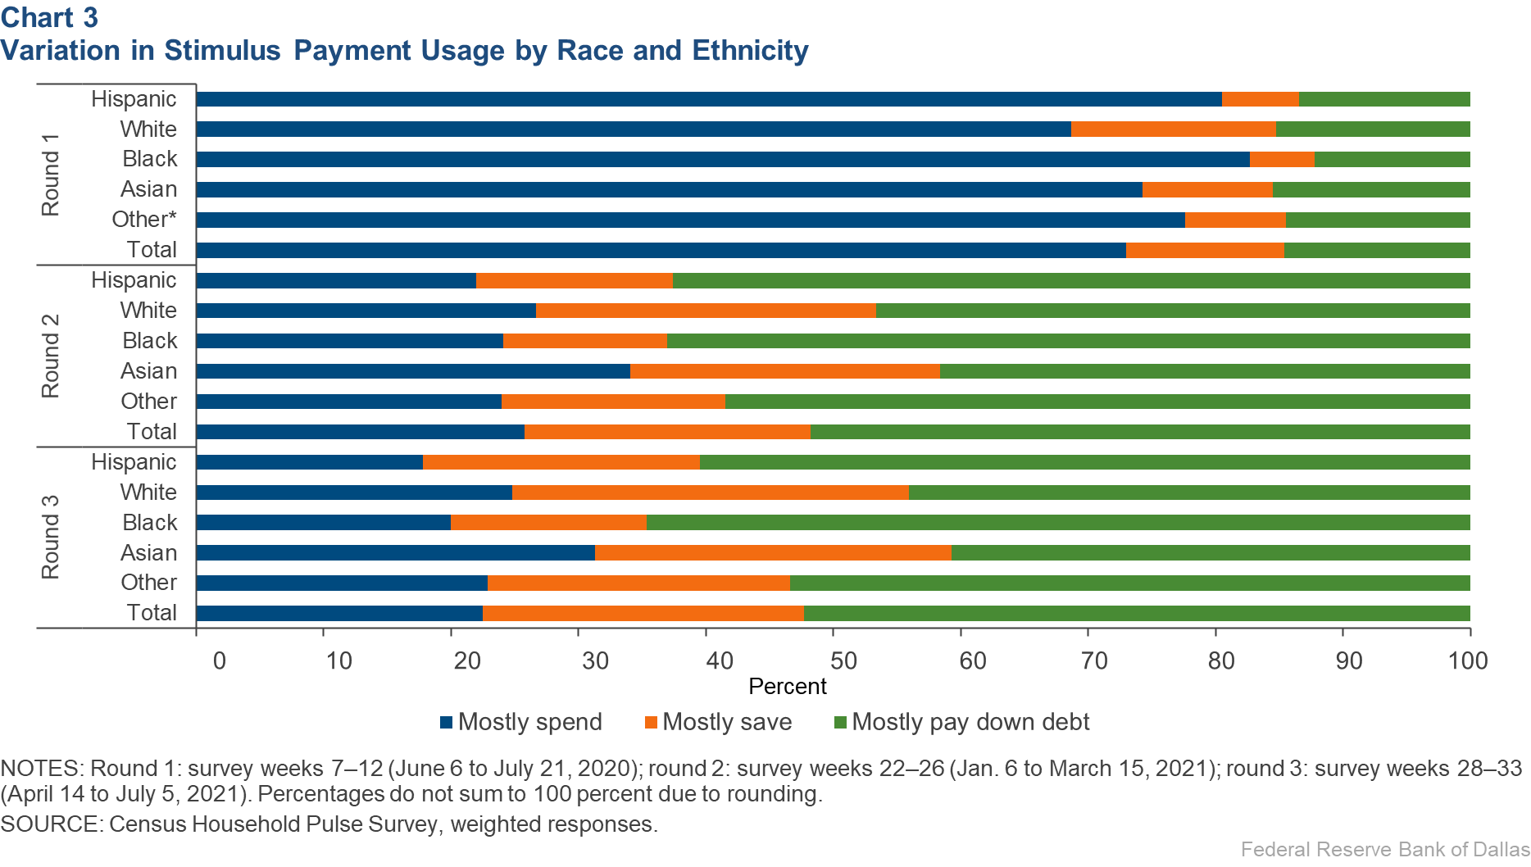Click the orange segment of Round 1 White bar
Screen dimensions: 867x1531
(x=1173, y=129)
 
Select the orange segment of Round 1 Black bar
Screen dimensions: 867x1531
(x=1282, y=159)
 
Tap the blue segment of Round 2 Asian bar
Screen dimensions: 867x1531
(x=413, y=371)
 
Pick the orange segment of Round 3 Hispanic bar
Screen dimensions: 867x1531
(x=561, y=462)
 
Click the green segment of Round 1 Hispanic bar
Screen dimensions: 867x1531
(x=1384, y=99)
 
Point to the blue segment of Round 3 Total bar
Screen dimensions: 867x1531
(x=339, y=613)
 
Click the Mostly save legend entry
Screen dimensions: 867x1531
(x=718, y=722)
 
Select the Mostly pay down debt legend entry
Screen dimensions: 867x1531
(x=961, y=722)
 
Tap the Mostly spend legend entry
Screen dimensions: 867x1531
(x=521, y=722)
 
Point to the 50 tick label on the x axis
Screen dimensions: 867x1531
(x=844, y=660)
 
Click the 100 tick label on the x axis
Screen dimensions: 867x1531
(x=1467, y=660)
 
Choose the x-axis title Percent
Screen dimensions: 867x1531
(x=787, y=687)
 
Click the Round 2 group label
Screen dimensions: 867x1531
(x=51, y=356)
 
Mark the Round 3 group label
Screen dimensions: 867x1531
(x=51, y=537)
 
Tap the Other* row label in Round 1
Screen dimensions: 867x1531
(x=144, y=220)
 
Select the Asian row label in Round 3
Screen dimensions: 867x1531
(x=148, y=552)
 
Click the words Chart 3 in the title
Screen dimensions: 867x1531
(x=49, y=17)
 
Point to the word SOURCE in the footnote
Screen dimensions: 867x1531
(x=51, y=824)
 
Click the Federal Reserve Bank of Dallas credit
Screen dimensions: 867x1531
(x=1384, y=850)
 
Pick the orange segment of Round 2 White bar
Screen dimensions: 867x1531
(x=706, y=311)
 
